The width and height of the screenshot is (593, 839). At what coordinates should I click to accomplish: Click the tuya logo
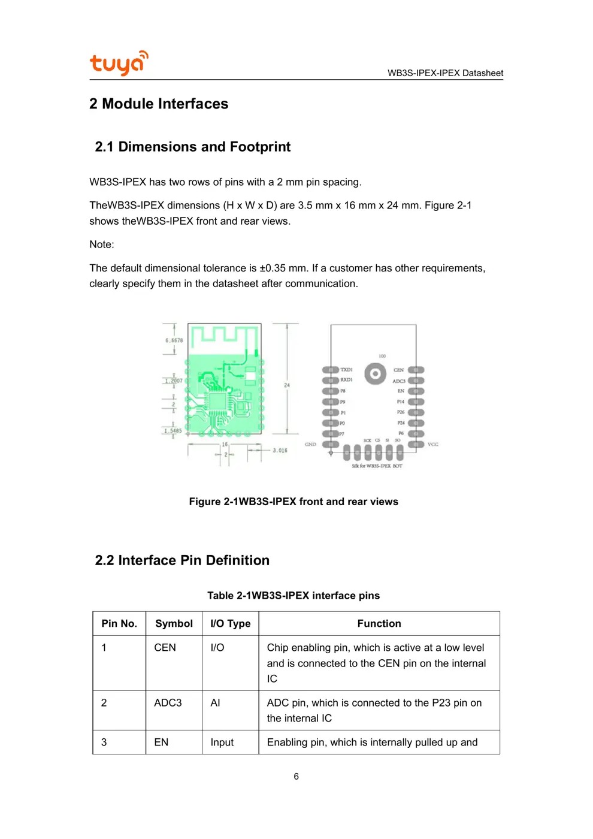click(x=119, y=63)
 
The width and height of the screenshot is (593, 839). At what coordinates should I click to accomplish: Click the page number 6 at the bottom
click(x=296, y=776)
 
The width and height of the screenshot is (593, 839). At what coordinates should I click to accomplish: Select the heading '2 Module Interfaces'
click(x=159, y=104)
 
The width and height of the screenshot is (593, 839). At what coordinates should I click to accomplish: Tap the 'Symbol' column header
click(x=174, y=623)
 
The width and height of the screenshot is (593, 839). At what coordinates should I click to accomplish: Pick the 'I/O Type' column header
click(x=231, y=623)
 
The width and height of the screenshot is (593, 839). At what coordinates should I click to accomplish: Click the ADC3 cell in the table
click(x=168, y=702)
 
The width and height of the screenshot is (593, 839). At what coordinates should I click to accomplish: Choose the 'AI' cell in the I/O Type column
click(x=216, y=702)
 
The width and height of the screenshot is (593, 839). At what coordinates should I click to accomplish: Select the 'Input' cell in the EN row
click(x=222, y=742)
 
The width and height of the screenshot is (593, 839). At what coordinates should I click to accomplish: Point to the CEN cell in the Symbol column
click(x=165, y=647)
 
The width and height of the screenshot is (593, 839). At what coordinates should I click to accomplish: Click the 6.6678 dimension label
click(x=174, y=340)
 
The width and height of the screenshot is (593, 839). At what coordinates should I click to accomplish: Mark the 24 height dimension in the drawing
click(x=287, y=385)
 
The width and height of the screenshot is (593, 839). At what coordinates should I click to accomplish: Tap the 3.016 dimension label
click(x=280, y=450)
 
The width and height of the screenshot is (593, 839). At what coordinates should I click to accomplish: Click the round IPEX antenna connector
click(x=375, y=374)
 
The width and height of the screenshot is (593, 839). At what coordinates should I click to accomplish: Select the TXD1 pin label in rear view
click(x=347, y=370)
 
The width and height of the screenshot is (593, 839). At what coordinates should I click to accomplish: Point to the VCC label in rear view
click(x=433, y=444)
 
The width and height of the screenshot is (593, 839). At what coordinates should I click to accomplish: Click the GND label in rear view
click(x=310, y=444)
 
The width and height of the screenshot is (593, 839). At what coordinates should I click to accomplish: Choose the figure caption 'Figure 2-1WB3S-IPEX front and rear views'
click(x=294, y=502)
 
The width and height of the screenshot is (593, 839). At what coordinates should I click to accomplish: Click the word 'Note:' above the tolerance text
click(x=102, y=245)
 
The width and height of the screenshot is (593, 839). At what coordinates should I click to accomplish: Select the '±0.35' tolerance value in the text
click(x=273, y=268)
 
